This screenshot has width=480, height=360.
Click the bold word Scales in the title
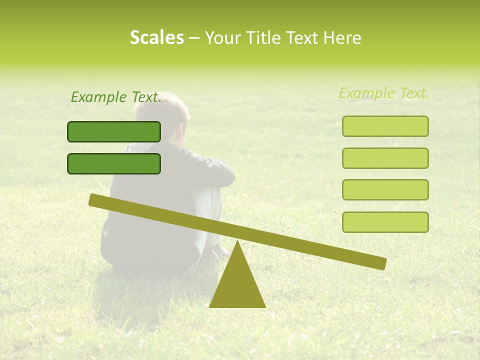(x=156, y=38)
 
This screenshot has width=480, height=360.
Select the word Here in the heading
(x=341, y=38)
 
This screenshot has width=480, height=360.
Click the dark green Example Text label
(x=116, y=97)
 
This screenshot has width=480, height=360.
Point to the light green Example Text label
(x=384, y=93)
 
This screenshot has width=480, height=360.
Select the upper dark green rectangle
(x=114, y=131)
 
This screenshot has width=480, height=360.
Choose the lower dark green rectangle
(x=114, y=163)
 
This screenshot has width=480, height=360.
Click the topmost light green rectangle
(x=385, y=126)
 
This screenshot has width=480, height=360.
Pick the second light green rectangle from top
(x=385, y=158)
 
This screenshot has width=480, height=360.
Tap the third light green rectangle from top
(x=385, y=190)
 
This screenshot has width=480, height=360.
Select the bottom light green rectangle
(x=385, y=222)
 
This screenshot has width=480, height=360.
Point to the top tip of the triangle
(x=237, y=243)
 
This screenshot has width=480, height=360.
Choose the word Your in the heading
(x=221, y=38)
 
